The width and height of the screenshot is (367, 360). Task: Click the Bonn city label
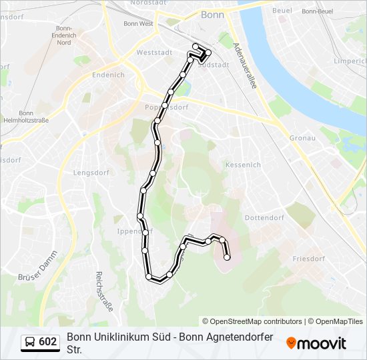point(212,14)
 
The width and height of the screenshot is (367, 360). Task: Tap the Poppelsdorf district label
point(166,107)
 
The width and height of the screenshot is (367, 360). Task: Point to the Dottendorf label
point(264,218)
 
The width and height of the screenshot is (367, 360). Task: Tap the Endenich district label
point(108,75)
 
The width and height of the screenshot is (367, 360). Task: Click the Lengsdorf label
point(91,173)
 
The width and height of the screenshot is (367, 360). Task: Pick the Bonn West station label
point(138,23)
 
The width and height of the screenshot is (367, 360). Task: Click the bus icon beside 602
point(29,342)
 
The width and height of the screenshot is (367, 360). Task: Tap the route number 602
point(48,342)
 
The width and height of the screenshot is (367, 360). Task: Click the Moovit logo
point(316,343)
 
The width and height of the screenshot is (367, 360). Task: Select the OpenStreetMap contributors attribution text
point(252,321)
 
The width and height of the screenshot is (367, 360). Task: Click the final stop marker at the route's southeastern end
point(227,257)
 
